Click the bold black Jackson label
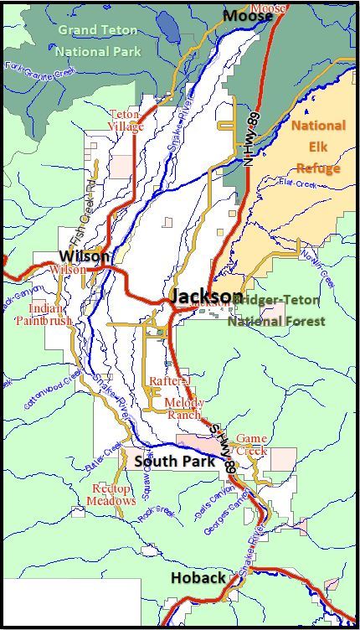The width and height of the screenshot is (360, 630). (x=206, y=297)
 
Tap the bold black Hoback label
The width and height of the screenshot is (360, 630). (x=198, y=578)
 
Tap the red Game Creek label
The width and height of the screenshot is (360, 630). (x=251, y=444)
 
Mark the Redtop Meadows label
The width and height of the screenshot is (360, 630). (x=111, y=494)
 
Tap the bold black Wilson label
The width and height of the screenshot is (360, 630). (x=84, y=256)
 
